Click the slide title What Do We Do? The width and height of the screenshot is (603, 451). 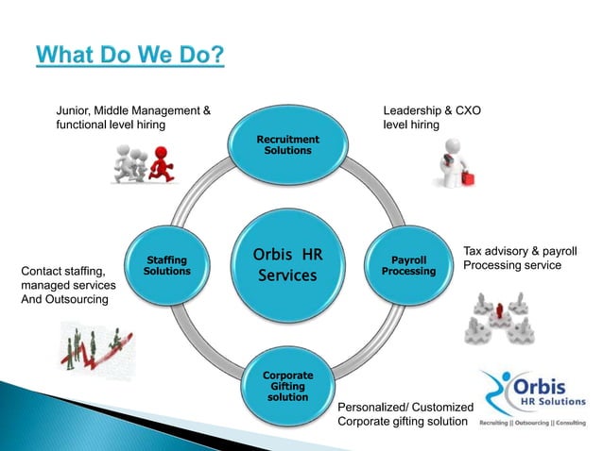coord(130,54)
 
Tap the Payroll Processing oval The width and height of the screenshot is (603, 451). coord(408,265)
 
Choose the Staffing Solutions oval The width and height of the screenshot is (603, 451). coord(166,265)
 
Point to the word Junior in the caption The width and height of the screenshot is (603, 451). coord(77,109)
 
